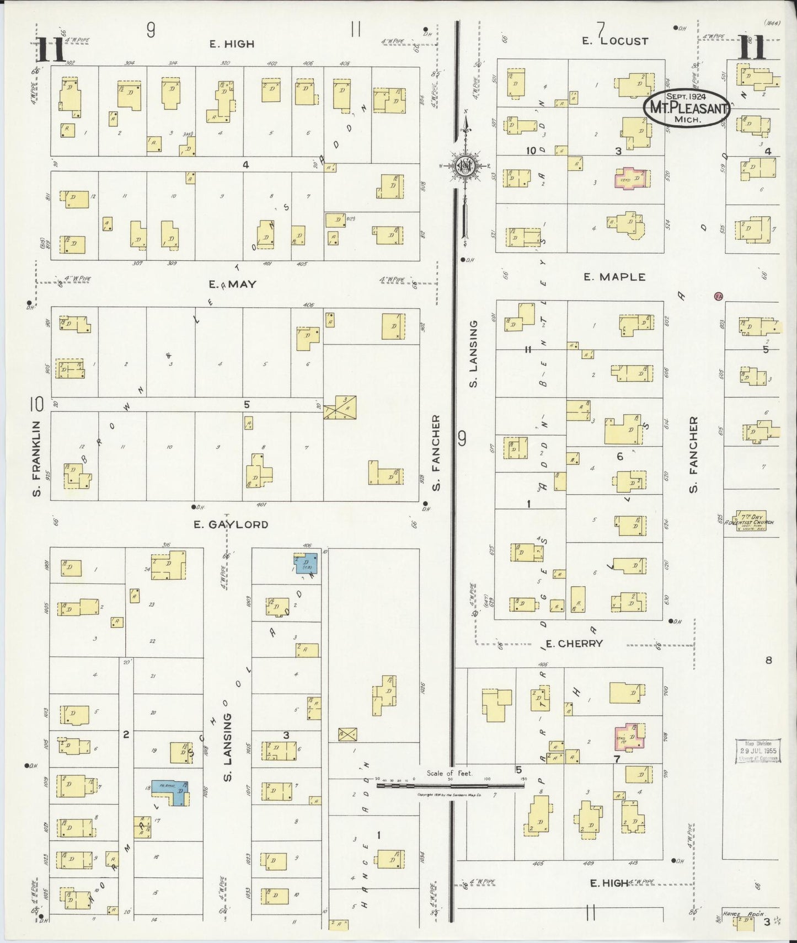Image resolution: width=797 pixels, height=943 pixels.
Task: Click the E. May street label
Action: tap(232, 285)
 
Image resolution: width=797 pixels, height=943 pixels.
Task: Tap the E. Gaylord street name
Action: tap(231, 524)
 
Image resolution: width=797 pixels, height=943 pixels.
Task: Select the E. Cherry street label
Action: tap(574, 643)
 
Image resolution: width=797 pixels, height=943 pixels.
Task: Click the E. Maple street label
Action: tap(614, 277)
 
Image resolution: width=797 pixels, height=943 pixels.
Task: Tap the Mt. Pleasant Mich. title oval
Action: tap(686, 108)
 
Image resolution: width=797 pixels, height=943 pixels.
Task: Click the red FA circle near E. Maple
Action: tap(718, 297)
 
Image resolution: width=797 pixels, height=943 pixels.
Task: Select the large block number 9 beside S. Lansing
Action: tap(462, 438)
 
